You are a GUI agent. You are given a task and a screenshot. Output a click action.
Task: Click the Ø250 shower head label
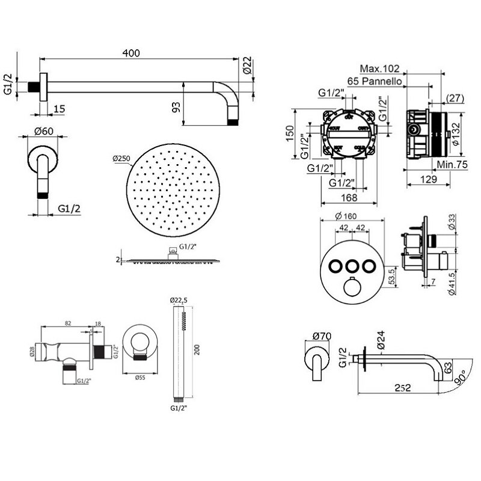coord(121,158)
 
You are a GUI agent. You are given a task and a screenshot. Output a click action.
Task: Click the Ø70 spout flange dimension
coord(322,336)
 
